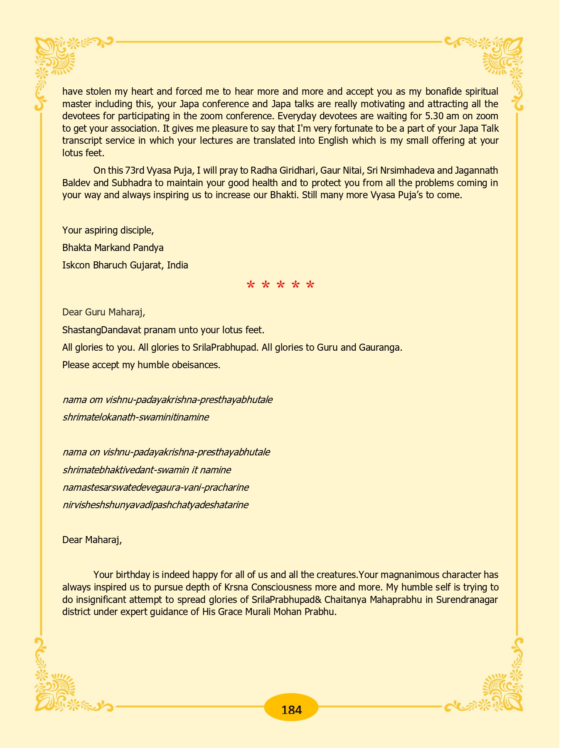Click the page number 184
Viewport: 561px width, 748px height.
coord(291,710)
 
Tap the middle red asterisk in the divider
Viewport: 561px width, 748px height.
coord(280,285)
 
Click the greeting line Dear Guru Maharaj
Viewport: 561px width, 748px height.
coord(103,312)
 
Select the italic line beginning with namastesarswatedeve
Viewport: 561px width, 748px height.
coord(155,487)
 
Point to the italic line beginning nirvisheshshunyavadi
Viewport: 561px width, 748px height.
coord(155,505)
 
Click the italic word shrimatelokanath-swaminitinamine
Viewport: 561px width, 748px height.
coord(135,417)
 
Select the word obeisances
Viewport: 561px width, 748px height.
coord(195,365)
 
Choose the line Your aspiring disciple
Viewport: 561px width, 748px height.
coord(108,230)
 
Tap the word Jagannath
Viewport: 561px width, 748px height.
coord(476,170)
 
